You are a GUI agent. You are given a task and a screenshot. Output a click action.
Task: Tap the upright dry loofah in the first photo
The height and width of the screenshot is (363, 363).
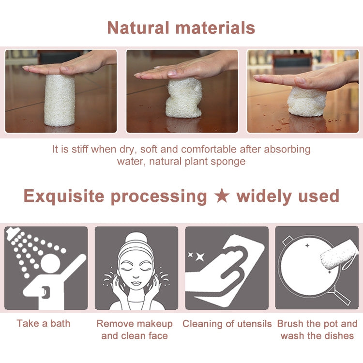coord(60,100)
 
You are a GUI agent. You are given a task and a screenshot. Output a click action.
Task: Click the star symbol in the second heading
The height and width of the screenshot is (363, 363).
coord(222,196)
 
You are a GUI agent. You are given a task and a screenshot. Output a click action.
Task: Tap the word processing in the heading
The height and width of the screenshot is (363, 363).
coord(159,197)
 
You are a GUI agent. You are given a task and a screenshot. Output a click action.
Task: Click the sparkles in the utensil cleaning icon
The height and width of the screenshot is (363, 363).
coord(196,255)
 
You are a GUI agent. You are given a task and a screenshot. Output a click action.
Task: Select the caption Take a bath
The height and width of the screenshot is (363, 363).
coord(44,323)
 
